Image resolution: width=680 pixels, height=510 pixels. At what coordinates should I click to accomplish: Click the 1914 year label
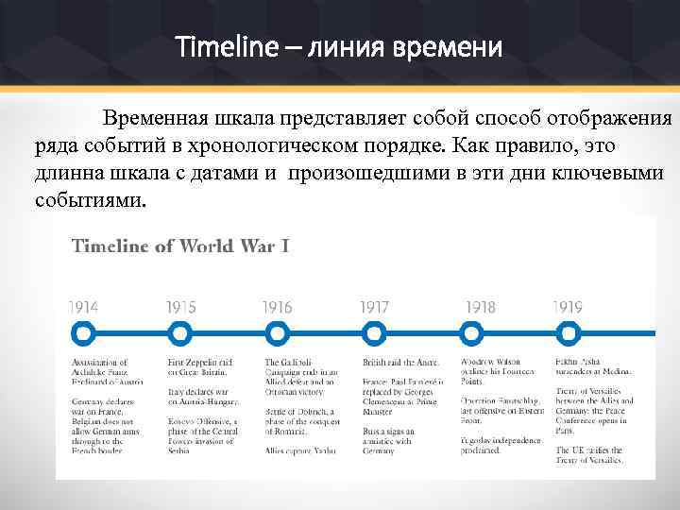click(84, 308)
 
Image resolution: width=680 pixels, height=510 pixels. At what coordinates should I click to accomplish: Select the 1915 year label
click(181, 308)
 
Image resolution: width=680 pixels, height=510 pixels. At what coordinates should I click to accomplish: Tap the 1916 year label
click(278, 308)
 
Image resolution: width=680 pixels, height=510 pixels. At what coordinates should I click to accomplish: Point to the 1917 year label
click(375, 308)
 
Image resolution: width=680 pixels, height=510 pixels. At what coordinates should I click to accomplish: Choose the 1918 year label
click(480, 308)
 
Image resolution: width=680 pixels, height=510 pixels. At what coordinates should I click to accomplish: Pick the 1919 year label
click(568, 308)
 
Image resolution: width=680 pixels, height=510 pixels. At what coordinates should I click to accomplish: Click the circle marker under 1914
click(83, 333)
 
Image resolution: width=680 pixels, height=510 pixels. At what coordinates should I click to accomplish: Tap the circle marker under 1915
click(180, 333)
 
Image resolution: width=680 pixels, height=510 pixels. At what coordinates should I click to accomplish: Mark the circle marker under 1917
click(375, 333)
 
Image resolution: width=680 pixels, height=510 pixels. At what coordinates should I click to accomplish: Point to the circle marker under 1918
click(471, 333)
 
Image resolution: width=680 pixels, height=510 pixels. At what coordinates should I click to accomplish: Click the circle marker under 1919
click(568, 333)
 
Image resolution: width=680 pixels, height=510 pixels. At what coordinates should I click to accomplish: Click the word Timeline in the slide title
click(222, 46)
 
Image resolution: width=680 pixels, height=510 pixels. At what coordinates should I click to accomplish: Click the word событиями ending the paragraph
click(91, 200)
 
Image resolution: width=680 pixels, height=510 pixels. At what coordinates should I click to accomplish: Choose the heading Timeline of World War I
click(180, 246)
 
